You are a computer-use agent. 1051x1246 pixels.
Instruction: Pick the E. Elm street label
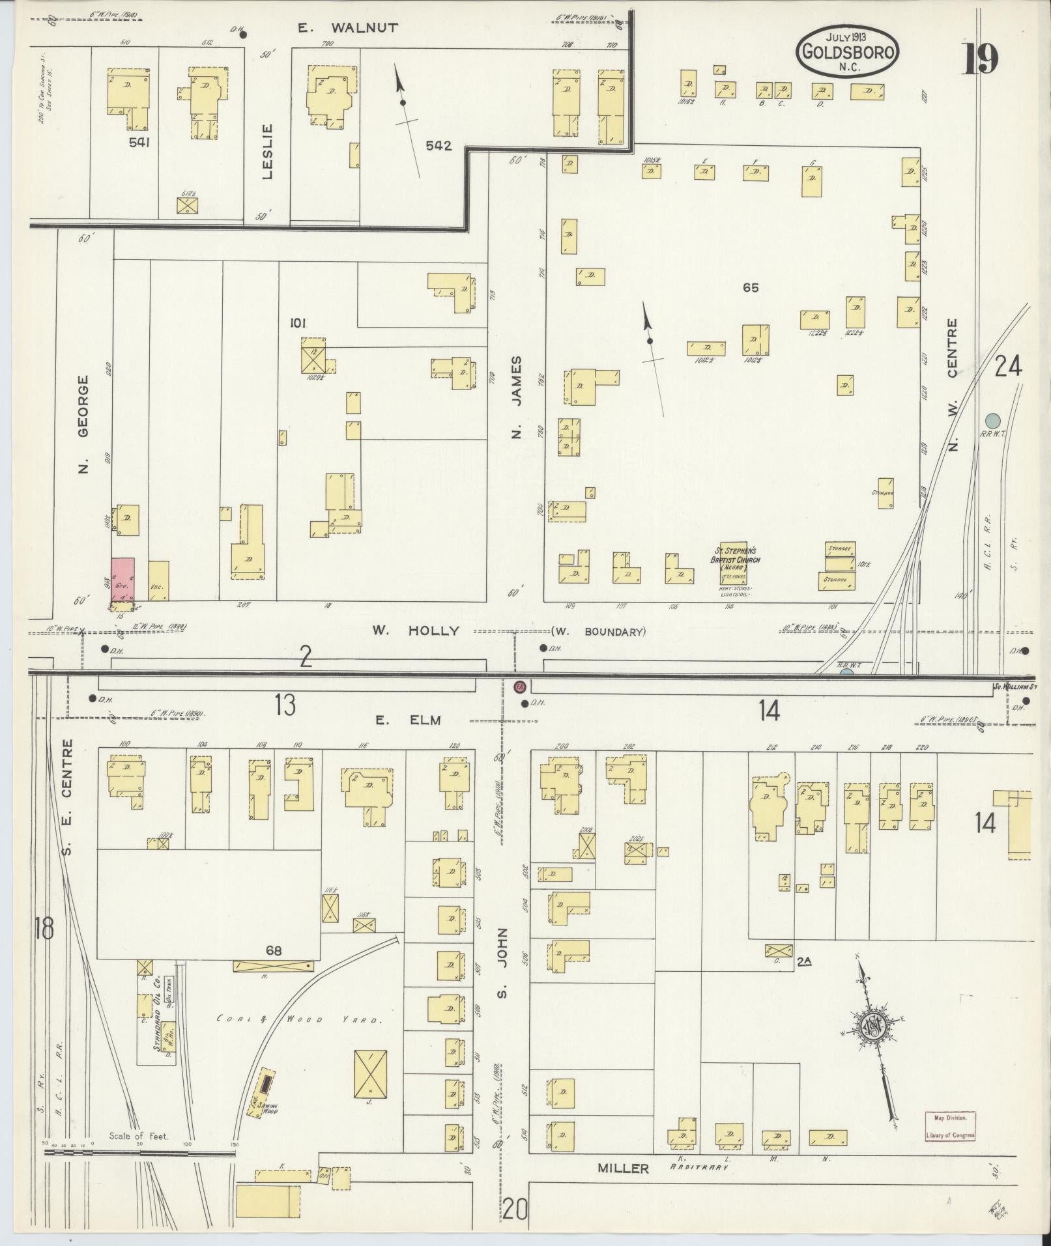[x=408, y=720]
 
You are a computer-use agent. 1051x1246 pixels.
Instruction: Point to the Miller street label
[x=624, y=1168]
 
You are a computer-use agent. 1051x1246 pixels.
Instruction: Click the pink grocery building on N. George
[x=122, y=579]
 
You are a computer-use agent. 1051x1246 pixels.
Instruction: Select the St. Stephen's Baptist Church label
[x=734, y=560]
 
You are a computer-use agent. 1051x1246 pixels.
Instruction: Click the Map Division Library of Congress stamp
[x=950, y=1126]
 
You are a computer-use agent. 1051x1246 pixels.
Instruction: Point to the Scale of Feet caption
[x=139, y=1136]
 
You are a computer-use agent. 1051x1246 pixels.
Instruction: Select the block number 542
[x=438, y=146]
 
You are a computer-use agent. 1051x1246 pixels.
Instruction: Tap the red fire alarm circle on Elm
[x=520, y=687]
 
